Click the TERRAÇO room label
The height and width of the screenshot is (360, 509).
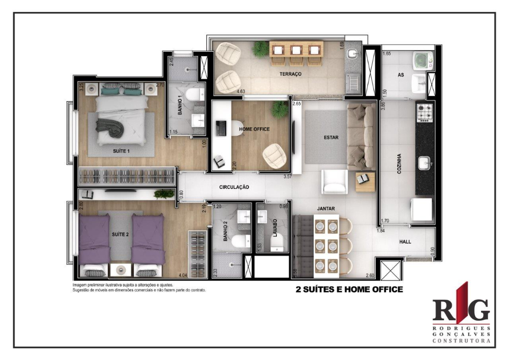click(x=291, y=74)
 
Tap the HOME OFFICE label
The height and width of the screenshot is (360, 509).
click(x=254, y=129)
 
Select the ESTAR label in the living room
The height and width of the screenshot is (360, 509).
click(x=331, y=138)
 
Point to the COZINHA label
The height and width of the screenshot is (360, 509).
click(x=399, y=163)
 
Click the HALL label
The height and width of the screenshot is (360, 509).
click(x=405, y=242)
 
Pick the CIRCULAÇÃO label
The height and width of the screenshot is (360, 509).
click(x=234, y=187)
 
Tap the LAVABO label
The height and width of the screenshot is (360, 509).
click(x=274, y=228)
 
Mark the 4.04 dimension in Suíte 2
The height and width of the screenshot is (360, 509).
click(x=183, y=274)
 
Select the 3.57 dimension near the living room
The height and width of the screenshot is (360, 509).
click(x=287, y=177)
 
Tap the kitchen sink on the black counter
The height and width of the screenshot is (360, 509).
click(x=424, y=163)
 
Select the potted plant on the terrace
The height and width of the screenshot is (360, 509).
click(x=260, y=49)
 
